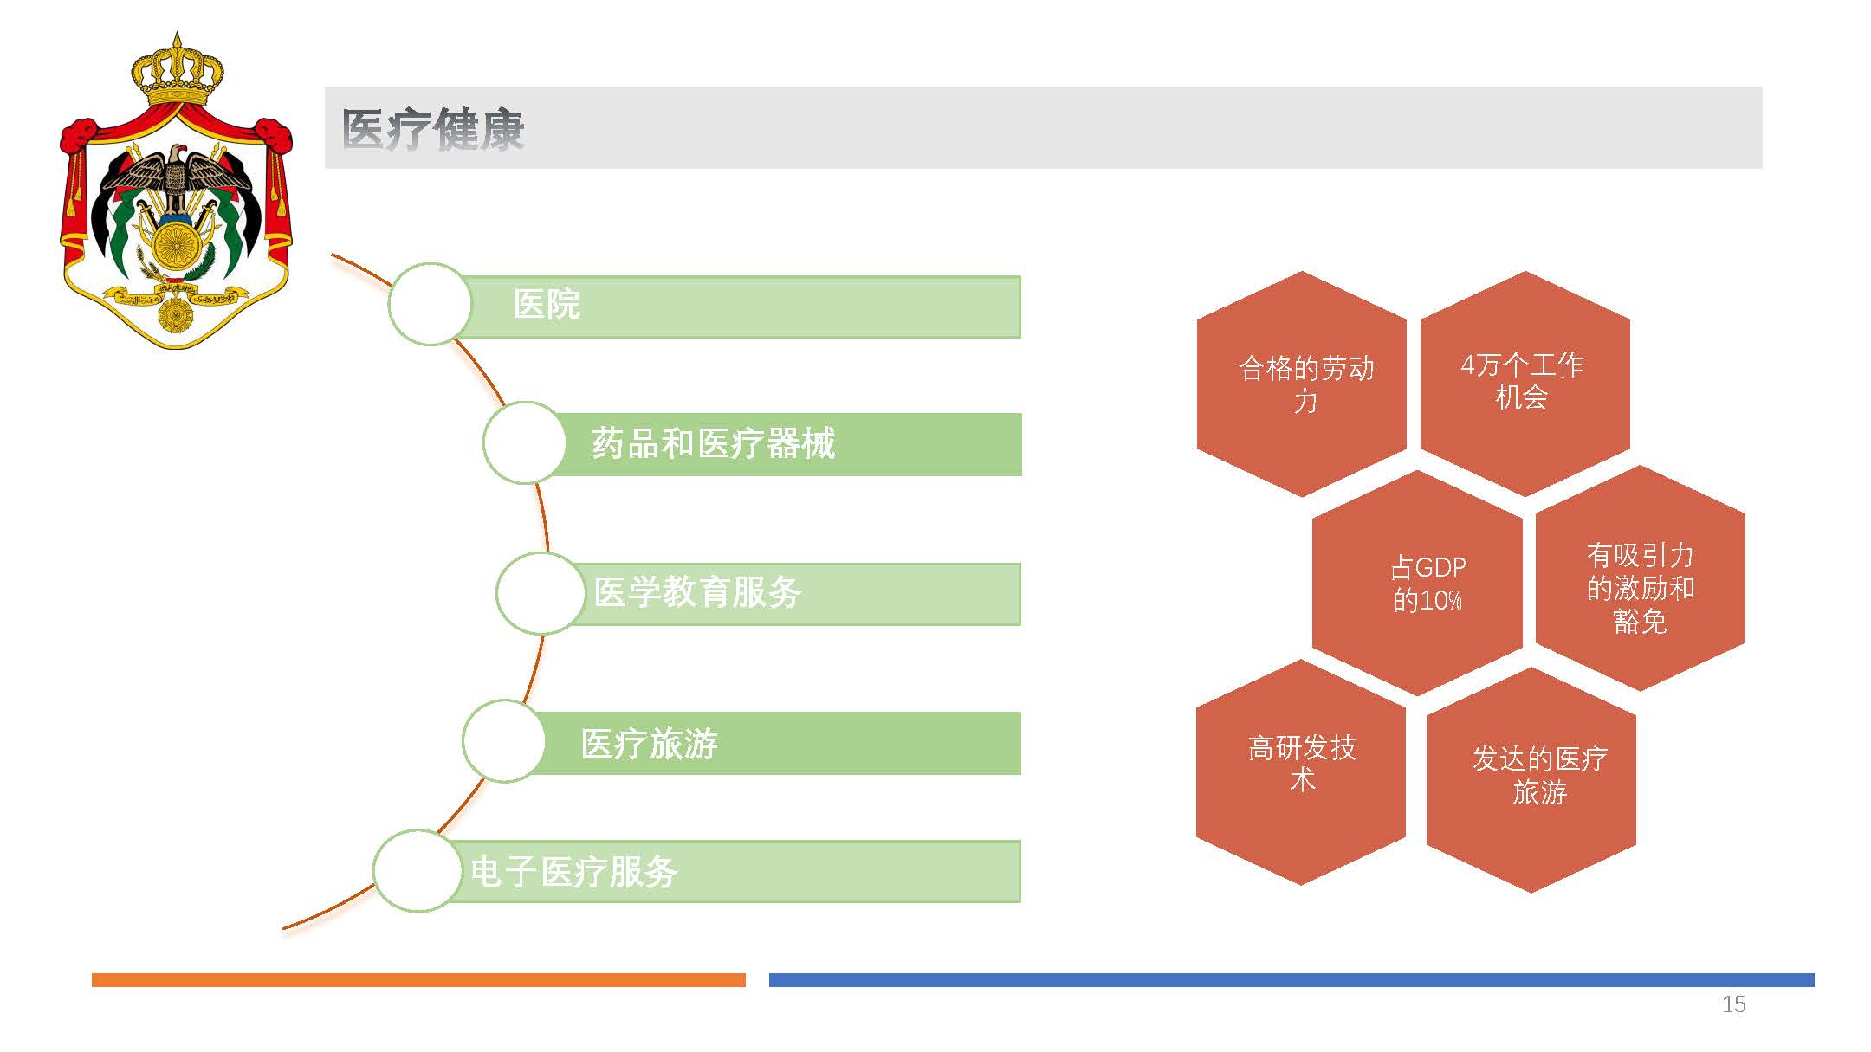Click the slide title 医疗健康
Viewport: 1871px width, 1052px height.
(x=433, y=130)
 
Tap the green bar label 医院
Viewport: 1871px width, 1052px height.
(x=547, y=304)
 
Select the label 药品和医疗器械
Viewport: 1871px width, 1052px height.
(x=714, y=443)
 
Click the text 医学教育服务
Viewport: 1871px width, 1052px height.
(x=698, y=592)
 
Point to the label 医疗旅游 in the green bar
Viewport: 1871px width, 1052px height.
(x=650, y=744)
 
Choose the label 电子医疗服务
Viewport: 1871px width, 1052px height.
(x=574, y=871)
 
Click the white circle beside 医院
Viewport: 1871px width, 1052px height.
(x=430, y=304)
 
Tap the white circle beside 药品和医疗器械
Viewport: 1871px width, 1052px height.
(x=524, y=442)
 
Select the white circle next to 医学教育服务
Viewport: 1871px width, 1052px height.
(x=540, y=593)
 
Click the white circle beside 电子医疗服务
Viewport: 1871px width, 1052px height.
(x=417, y=870)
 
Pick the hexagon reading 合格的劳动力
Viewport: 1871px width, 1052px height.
(x=1302, y=384)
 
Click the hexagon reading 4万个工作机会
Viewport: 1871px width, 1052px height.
(x=1525, y=384)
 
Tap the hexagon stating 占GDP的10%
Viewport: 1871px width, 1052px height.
(x=1417, y=583)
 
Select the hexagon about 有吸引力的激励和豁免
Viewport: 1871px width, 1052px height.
(x=1641, y=578)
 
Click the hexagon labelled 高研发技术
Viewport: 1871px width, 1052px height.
(x=1301, y=772)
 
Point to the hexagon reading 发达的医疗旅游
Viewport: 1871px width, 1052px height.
(x=1531, y=779)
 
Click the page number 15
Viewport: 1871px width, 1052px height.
(x=1733, y=1004)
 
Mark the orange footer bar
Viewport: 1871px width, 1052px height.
(x=418, y=980)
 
